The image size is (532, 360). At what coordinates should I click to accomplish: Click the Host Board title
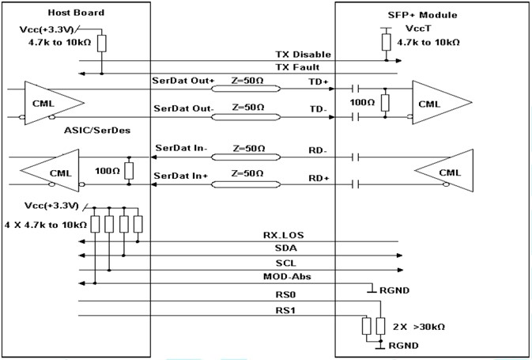[x=76, y=13]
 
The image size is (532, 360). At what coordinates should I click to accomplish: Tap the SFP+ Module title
[x=422, y=15]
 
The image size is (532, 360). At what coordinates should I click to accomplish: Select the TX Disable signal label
[x=303, y=55]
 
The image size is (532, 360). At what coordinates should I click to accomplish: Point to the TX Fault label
[x=297, y=67]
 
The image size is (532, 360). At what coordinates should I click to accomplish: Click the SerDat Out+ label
[x=183, y=81]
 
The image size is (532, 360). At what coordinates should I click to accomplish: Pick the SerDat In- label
[x=181, y=148]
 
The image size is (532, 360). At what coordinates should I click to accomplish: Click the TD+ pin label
[x=319, y=81]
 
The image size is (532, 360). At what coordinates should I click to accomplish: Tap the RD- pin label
[x=318, y=150]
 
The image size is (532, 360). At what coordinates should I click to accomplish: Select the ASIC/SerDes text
[x=97, y=131]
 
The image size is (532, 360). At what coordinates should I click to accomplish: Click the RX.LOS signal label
[x=284, y=235]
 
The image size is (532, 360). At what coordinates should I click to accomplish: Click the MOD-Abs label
[x=287, y=276]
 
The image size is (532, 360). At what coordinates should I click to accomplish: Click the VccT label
[x=418, y=28]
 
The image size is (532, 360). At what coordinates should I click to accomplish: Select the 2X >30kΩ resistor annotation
[x=419, y=327]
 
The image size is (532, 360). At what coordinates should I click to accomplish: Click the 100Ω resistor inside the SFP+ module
[x=385, y=103]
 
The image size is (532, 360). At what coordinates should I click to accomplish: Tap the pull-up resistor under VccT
[x=386, y=42]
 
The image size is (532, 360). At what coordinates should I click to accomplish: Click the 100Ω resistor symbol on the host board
[x=129, y=171]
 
